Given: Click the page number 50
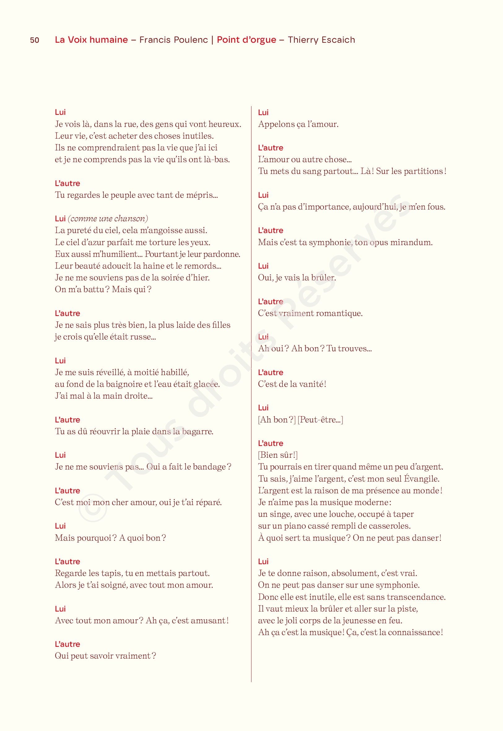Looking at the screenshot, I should [35, 40].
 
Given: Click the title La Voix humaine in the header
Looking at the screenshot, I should [91, 40].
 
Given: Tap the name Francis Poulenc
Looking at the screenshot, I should [174, 40].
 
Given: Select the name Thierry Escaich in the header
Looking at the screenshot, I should [321, 40].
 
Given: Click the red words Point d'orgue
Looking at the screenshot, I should [247, 40].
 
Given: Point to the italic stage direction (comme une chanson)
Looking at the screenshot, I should [108, 218].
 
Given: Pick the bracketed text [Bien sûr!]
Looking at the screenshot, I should [278, 455].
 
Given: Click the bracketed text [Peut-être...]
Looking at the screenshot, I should [320, 420].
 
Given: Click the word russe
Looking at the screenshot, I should [143, 337].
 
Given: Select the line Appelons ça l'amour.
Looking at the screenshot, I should [298, 124].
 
